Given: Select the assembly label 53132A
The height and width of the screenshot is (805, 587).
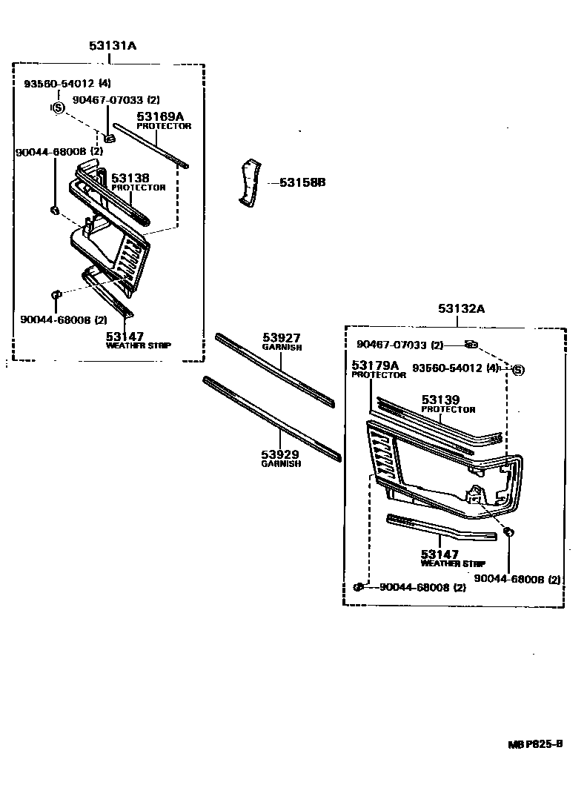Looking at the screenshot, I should pos(461,309).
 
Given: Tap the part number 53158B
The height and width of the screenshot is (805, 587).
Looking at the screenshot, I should pos(302,182).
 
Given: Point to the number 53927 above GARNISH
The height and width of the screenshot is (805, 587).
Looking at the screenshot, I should pos(282,338).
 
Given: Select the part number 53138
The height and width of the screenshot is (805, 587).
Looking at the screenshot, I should pos(130,178).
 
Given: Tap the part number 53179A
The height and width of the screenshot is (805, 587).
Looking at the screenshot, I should pos(375,365).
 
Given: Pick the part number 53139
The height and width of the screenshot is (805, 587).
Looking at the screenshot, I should pos(442,400).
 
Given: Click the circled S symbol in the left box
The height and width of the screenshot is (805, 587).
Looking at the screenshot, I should pos(56,107).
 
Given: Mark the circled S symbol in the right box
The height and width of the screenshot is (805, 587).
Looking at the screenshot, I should pos(518,369).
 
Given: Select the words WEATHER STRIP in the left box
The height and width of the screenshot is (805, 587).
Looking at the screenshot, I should pos(139,345).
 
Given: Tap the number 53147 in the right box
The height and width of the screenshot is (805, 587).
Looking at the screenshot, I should pos(440,554).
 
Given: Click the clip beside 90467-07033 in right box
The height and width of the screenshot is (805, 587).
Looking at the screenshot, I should pos(471,344).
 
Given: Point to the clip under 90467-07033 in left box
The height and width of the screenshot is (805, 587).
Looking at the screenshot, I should pos(109,136).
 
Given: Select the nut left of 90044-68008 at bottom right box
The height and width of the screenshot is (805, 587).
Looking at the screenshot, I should pos(359,587).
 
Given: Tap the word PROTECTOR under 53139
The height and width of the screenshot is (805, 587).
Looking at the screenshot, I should pos(448,409).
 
